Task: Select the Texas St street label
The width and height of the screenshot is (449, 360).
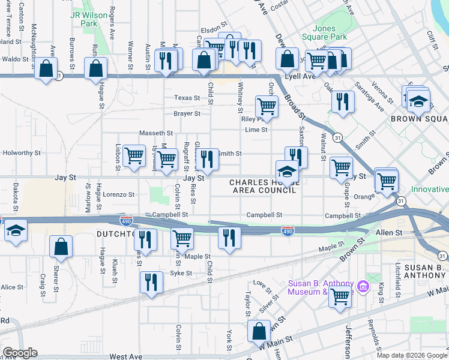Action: click(x=187, y=98)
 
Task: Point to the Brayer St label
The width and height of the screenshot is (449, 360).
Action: click(x=187, y=113)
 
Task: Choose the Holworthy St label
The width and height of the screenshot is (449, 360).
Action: click(x=20, y=153)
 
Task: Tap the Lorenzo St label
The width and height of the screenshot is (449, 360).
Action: click(x=118, y=194)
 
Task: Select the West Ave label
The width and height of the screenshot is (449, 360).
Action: click(x=125, y=356)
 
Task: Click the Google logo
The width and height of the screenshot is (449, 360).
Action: click(x=20, y=353)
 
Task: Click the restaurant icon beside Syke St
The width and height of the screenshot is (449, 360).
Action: click(x=151, y=283)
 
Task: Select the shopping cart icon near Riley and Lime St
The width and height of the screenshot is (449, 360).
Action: click(x=267, y=106)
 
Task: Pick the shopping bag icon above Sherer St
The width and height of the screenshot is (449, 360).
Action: click(x=61, y=245)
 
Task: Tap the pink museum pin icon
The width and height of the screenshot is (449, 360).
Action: click(x=362, y=287)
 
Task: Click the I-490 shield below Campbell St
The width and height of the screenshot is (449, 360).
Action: click(x=288, y=230)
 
